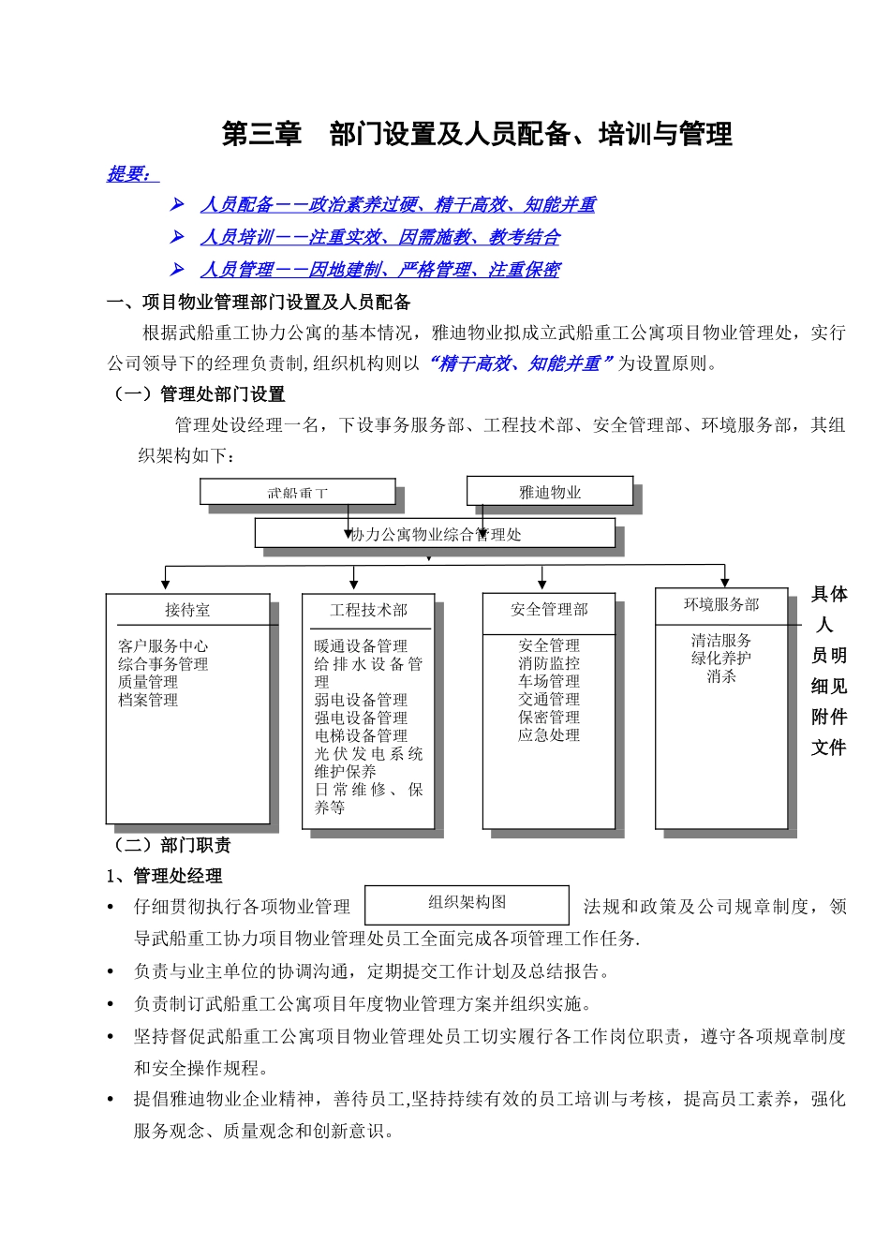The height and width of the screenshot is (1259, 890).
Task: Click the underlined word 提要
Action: (x=129, y=174)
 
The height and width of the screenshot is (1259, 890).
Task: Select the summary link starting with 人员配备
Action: (x=397, y=205)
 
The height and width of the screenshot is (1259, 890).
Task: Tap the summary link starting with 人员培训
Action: (x=379, y=238)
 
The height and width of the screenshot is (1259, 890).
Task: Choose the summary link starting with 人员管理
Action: (x=379, y=271)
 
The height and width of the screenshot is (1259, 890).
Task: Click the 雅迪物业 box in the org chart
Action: (x=550, y=492)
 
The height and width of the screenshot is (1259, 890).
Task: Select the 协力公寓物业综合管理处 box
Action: (x=435, y=534)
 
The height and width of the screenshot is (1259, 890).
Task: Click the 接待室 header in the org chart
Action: (x=187, y=610)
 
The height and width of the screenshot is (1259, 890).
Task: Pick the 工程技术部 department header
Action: (x=368, y=610)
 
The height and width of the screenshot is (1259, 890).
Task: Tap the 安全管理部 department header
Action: (x=549, y=610)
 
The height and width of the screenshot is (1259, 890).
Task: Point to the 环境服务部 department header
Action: (x=721, y=605)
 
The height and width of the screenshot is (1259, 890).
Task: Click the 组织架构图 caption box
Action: (x=467, y=903)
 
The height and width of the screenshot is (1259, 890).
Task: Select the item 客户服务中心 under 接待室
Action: (x=163, y=646)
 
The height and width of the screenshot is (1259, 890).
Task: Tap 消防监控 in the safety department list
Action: (x=549, y=663)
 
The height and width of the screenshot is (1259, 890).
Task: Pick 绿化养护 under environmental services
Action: (x=721, y=659)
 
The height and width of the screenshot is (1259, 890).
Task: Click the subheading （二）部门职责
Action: (x=171, y=845)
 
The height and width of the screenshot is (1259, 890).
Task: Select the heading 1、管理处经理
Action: (x=164, y=876)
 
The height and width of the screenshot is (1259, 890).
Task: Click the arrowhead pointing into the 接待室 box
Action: (x=166, y=584)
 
